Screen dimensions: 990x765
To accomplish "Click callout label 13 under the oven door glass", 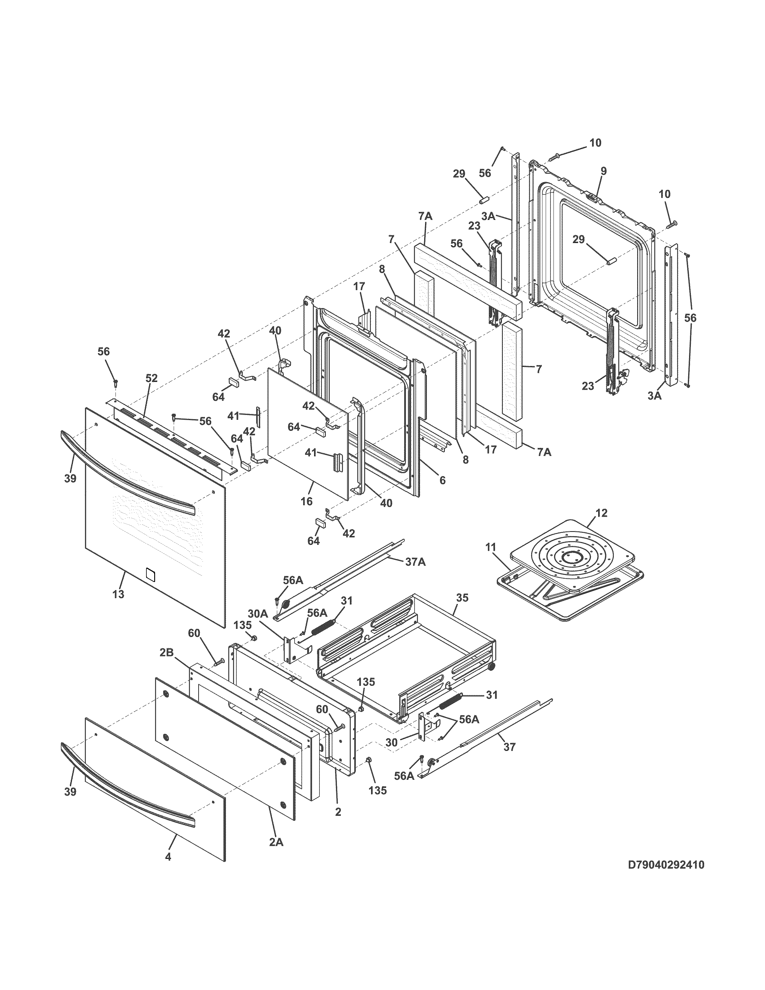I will coord(118,593).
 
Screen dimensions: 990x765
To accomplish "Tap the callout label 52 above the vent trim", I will coord(151,378).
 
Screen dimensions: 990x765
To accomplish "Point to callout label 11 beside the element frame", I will coord(491,547).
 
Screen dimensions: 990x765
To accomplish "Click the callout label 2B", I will coord(167,653).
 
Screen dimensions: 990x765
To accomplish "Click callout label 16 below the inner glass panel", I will coord(307,501).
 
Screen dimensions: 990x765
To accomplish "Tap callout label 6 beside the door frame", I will coord(442,480).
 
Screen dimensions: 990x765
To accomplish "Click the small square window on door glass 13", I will coord(151,575).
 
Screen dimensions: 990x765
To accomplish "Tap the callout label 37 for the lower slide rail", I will coord(509,747).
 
